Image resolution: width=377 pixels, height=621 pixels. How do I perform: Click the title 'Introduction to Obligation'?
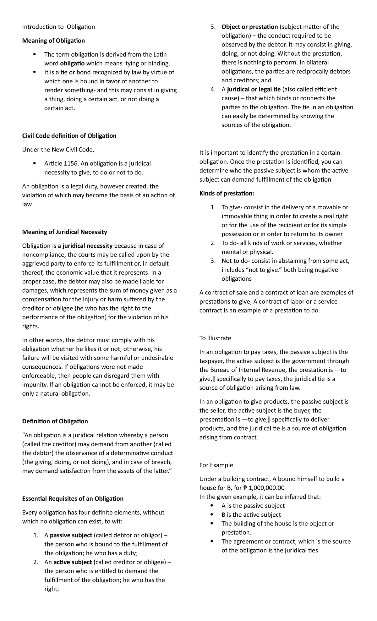[58, 27]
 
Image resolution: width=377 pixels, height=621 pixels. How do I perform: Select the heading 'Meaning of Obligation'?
[53, 41]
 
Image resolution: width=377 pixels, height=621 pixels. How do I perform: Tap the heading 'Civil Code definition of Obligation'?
[69, 136]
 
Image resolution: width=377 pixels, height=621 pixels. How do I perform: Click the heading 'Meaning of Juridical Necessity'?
[64, 232]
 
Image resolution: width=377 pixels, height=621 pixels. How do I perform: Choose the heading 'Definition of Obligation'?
[55, 421]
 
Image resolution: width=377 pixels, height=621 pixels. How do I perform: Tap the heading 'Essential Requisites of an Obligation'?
[73, 498]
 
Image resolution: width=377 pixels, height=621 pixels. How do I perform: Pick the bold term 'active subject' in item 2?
[73, 562]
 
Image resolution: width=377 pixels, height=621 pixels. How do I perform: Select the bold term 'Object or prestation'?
[249, 27]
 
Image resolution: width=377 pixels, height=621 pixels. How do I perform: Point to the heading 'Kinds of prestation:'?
[227, 193]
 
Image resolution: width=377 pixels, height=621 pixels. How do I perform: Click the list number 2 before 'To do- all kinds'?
[213, 243]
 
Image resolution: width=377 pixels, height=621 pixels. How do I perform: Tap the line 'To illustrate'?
[215, 338]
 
